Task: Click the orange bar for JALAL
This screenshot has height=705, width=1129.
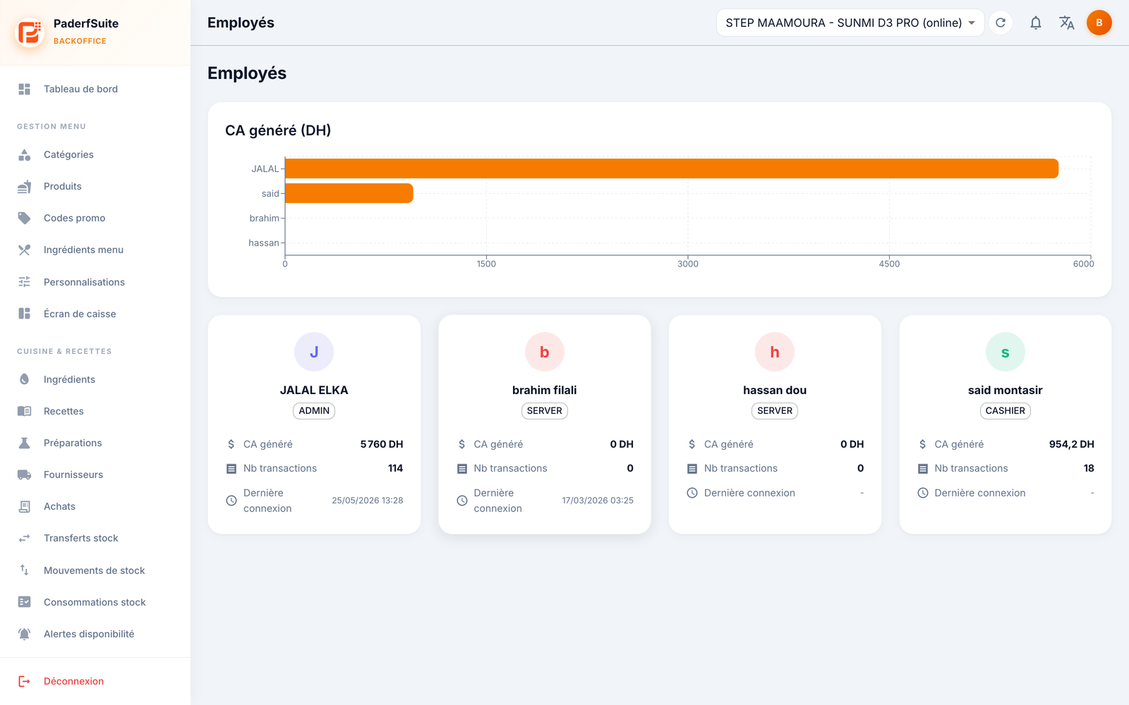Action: (x=671, y=168)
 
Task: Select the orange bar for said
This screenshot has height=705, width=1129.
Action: (x=349, y=193)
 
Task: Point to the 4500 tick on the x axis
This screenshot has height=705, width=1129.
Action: (x=889, y=264)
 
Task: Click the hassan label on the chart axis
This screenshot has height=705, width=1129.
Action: (x=264, y=243)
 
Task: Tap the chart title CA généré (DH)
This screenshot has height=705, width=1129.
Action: (x=278, y=130)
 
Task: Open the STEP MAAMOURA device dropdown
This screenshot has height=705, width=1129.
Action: (x=850, y=23)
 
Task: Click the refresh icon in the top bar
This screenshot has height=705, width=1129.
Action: (x=1001, y=23)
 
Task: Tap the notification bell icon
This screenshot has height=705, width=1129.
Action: (x=1035, y=23)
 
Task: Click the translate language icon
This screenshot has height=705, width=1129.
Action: (x=1066, y=23)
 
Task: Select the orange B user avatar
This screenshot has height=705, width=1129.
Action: (x=1099, y=23)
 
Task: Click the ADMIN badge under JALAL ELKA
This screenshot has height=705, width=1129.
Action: (x=314, y=411)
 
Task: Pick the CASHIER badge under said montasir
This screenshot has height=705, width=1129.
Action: (x=1005, y=411)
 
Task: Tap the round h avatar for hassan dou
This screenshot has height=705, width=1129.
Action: (x=775, y=352)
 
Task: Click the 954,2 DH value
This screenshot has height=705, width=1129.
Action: (x=1072, y=444)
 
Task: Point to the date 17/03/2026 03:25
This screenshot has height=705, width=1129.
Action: (x=598, y=501)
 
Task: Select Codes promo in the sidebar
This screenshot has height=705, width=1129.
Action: (x=74, y=218)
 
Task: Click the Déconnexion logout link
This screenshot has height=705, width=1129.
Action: (x=73, y=681)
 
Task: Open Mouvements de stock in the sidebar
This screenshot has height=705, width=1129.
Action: (x=95, y=570)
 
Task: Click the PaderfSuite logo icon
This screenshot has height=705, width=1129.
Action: (x=29, y=32)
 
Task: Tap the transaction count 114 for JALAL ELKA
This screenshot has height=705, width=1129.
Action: (x=395, y=468)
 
